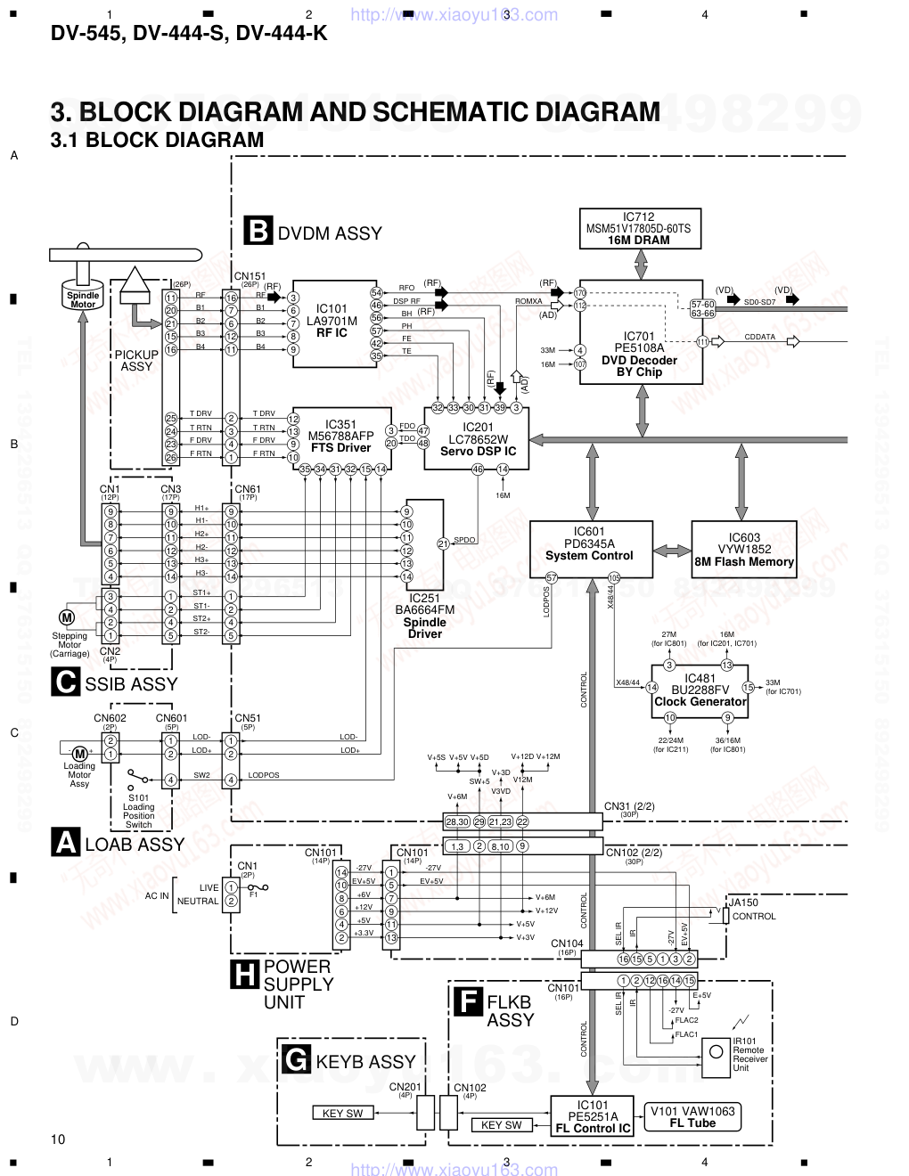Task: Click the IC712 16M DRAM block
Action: tap(638, 229)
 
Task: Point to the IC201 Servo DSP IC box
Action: tap(477, 438)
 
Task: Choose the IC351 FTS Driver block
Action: tap(340, 436)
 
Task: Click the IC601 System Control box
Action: tap(589, 549)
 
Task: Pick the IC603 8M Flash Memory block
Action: tap(744, 550)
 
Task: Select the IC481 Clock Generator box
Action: tap(700, 690)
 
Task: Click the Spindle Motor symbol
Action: tap(83, 298)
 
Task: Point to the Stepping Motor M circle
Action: tap(66, 617)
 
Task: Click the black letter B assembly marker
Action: tap(258, 231)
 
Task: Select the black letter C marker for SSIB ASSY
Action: tap(65, 682)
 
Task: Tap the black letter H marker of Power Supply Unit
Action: tap(243, 976)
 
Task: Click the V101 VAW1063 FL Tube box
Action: tap(692, 1116)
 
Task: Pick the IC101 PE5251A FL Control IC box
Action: tap(593, 1116)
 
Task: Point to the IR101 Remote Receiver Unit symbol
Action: tap(716, 1052)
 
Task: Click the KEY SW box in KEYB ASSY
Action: tap(343, 1114)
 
